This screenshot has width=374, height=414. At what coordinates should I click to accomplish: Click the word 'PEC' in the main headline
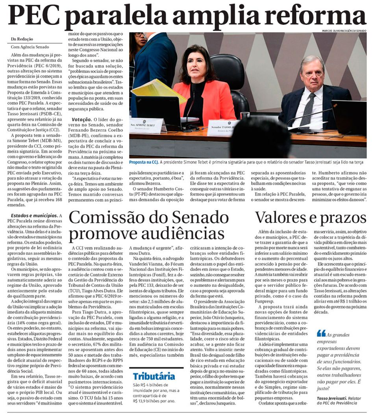coord(33,16)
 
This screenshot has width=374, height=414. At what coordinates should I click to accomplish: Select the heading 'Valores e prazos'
coord(311,218)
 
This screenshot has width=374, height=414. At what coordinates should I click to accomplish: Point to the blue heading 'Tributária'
coord(154,376)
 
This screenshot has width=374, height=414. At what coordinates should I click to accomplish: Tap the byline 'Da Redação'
coord(22,39)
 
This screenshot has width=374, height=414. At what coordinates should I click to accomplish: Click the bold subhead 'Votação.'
coord(83,119)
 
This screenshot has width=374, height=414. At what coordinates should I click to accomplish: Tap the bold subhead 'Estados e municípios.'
coord(34,216)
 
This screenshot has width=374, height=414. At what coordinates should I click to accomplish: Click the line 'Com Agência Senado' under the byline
coord(29,46)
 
